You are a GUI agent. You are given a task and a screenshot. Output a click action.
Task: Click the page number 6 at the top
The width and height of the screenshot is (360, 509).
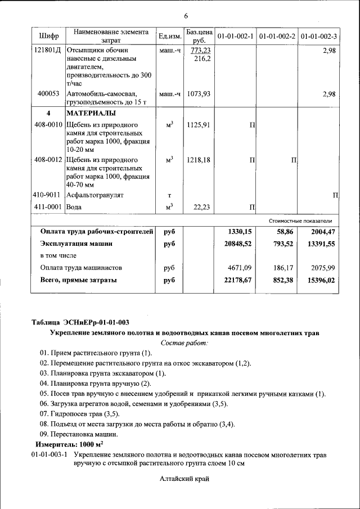186,15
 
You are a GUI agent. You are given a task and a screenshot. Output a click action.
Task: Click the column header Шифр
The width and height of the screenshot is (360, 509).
49,37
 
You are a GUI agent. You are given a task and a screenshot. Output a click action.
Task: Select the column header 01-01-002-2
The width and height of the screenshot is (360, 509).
278,37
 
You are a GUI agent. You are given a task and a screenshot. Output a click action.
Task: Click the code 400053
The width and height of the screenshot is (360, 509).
48,94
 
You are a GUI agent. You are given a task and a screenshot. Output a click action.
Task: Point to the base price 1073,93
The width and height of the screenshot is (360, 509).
199,94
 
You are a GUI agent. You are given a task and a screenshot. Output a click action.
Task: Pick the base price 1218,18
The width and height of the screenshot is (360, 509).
199,160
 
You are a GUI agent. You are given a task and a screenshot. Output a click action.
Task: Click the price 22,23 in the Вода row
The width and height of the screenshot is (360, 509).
201,208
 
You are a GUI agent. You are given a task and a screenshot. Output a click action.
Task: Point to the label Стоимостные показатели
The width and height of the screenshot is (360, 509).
304,220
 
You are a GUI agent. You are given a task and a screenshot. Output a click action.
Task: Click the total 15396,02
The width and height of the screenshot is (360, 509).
319,280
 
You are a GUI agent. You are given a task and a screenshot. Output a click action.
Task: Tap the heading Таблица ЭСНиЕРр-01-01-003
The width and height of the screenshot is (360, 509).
80,322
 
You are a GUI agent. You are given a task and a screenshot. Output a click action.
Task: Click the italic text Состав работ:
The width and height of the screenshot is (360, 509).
184,343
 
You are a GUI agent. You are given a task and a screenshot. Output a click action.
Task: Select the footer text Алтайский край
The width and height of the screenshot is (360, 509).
184,479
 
